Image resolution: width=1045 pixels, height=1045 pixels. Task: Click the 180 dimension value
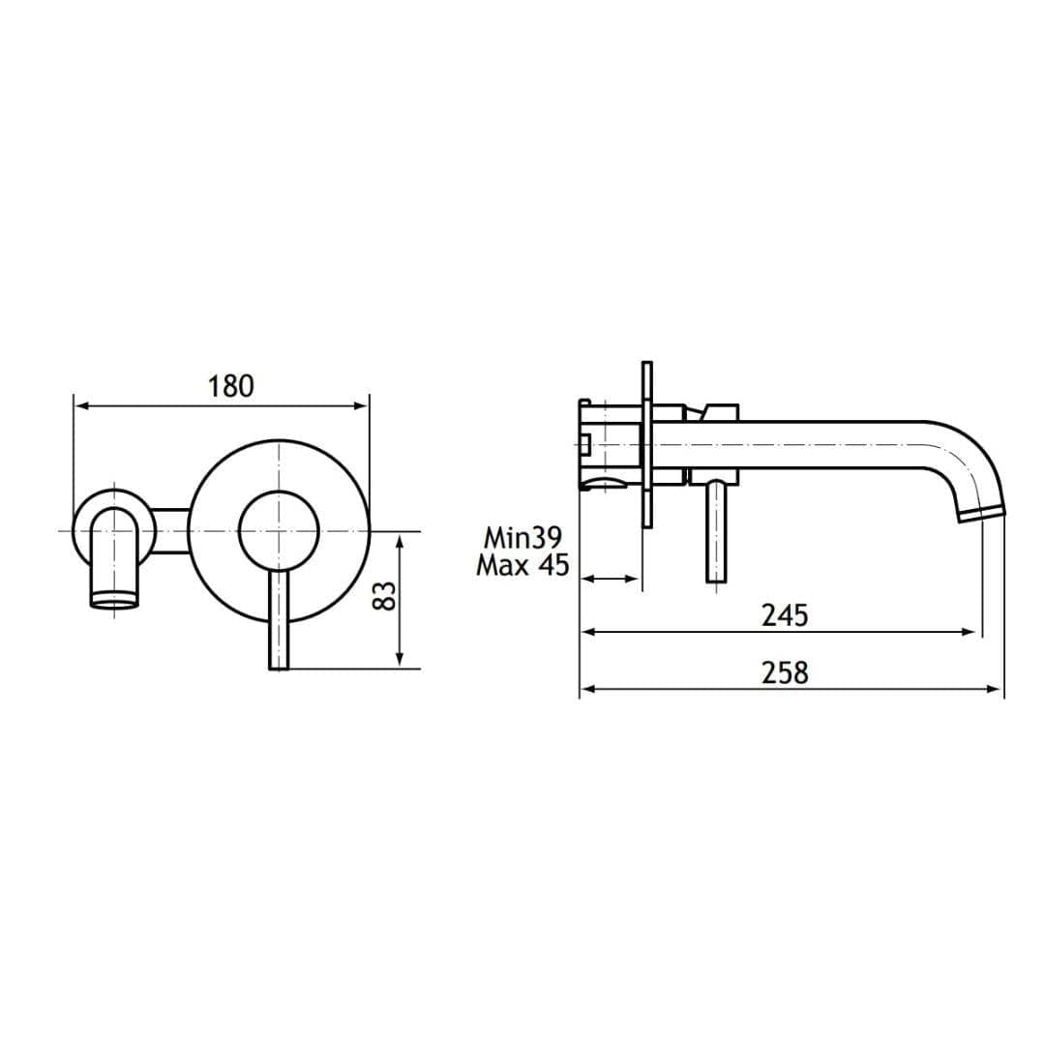click(x=230, y=386)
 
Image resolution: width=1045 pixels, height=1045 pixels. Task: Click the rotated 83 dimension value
click(x=384, y=595)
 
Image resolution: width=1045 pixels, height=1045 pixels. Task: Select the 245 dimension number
click(x=784, y=614)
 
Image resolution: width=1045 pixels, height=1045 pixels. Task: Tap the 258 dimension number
click(x=784, y=672)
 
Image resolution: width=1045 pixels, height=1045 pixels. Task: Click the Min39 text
click(x=523, y=538)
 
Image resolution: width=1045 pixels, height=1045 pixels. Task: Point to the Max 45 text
click(x=522, y=566)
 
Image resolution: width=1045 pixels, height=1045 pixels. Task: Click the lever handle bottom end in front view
click(x=279, y=663)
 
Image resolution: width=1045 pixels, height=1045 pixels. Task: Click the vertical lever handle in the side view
click(x=716, y=532)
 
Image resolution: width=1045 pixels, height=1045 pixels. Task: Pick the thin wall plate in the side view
click(x=646, y=445)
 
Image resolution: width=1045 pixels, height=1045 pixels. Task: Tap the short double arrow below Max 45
click(x=610, y=580)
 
